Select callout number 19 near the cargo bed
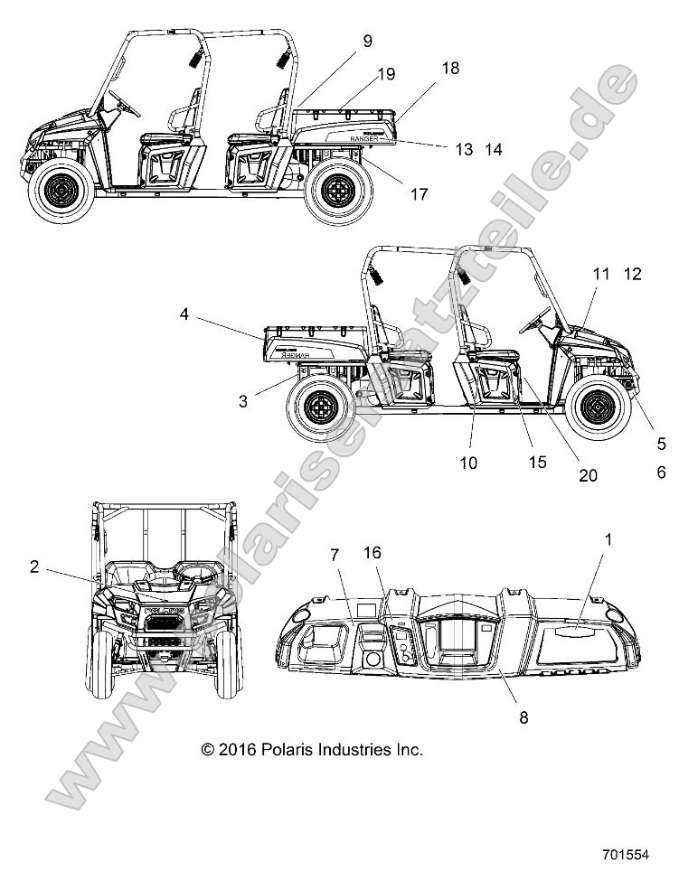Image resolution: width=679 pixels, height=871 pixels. click(x=386, y=74)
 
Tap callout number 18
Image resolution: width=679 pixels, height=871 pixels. click(x=450, y=69)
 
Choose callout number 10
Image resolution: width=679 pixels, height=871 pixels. click(x=468, y=463)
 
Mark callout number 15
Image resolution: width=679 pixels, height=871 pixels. click(x=538, y=463)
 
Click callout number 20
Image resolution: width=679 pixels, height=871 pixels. click(x=588, y=475)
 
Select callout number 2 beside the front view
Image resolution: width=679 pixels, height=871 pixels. click(x=33, y=567)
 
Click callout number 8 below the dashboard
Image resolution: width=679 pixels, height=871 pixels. click(x=523, y=717)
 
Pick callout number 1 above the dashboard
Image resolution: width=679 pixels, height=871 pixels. click(x=608, y=539)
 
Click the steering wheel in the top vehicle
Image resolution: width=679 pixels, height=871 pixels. click(x=123, y=104)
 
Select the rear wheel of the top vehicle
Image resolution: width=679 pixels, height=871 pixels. click(x=339, y=191)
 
